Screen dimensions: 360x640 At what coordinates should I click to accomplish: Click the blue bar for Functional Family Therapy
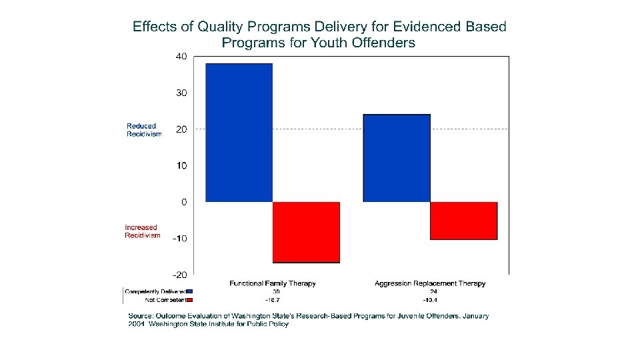point(239,133)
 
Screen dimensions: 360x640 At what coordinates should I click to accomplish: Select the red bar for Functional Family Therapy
point(306,232)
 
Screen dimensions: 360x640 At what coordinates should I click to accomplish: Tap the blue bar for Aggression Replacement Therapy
point(397,158)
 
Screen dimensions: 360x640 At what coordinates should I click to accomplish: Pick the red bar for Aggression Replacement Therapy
point(463,221)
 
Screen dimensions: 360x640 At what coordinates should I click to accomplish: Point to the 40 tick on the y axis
point(181,57)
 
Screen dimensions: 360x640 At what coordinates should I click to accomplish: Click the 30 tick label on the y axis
point(181,93)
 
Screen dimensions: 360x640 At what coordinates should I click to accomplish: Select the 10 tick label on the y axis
point(181,165)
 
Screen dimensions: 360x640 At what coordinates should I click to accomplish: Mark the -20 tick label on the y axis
point(179,275)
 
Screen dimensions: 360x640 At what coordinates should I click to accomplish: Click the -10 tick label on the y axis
point(179,238)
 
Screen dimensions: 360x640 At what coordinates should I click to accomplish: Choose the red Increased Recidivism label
point(142,231)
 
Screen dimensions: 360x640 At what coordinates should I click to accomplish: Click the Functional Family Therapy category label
point(273,283)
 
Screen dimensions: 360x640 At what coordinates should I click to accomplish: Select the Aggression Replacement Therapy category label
point(430,283)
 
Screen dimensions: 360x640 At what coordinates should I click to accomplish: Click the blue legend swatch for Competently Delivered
point(189,291)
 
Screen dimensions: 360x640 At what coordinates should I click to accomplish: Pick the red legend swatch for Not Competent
point(189,300)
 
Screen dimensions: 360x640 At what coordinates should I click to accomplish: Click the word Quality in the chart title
point(221,27)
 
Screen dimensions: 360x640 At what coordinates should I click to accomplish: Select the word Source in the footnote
point(143,316)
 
